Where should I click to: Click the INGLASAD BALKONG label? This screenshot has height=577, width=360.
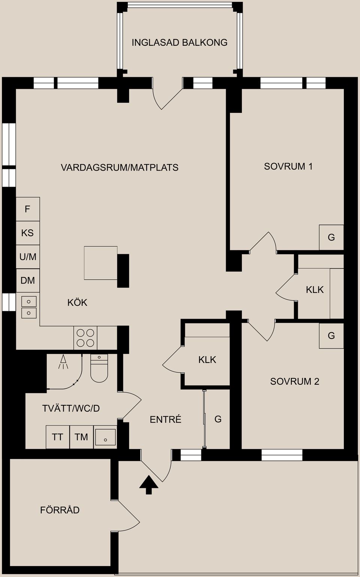coord(179,42)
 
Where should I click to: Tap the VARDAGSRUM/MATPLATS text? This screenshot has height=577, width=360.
coord(119,167)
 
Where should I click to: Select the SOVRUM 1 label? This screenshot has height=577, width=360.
coord(288,166)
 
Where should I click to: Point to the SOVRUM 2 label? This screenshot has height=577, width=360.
coord(294,381)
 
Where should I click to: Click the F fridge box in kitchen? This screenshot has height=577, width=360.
coord(28,209)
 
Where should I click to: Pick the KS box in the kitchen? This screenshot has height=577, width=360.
coord(28,233)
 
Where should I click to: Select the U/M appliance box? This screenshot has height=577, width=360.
coord(28,257)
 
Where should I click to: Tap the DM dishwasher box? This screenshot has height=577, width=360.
coord(28,280)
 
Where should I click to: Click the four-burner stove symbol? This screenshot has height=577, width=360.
coord(85,337)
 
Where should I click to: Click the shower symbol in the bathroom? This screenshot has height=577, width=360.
coord(63,362)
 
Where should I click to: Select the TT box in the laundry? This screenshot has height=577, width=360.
coord(57,437)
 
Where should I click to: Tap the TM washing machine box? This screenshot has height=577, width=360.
coord(81,437)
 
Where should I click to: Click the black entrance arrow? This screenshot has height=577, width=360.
coord(149,485)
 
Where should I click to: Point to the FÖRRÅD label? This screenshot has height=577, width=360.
coord(60,510)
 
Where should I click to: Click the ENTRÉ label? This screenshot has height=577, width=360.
coord(165,419)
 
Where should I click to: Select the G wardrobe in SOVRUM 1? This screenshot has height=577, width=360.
coord(331,237)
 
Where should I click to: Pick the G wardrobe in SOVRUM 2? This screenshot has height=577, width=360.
coord(331,336)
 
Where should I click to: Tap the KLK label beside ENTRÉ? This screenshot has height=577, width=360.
coord(207,360)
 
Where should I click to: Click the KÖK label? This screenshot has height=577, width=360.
coord(77,302)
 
